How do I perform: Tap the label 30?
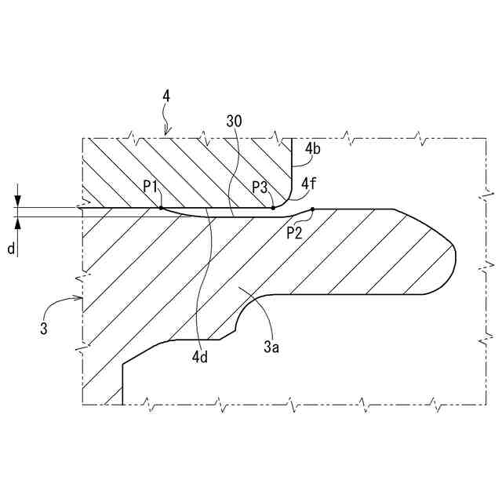coord(233,121)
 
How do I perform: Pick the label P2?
coord(295,232)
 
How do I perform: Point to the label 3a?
coord(271,346)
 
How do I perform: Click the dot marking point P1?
coord(161,208)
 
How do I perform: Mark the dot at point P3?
coord(272,208)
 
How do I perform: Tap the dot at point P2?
coord(312,209)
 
